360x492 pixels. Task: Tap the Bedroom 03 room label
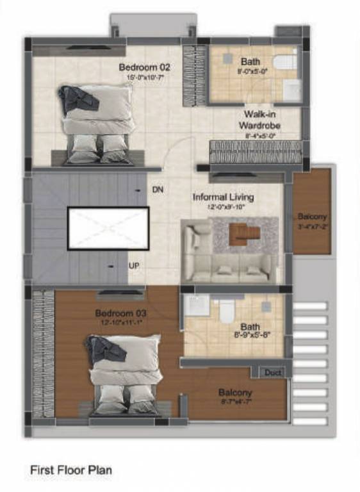(x=121, y=313)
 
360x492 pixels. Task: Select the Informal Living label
(x=223, y=197)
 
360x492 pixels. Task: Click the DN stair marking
(x=158, y=190)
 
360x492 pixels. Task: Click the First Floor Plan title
(x=70, y=470)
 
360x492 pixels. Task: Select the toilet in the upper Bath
(x=284, y=62)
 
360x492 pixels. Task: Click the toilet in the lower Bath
(x=225, y=311)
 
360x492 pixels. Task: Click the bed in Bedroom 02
(x=97, y=122)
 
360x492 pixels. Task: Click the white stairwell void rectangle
(x=108, y=229)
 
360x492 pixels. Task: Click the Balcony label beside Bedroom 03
(x=235, y=392)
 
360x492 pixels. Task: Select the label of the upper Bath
(x=250, y=61)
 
